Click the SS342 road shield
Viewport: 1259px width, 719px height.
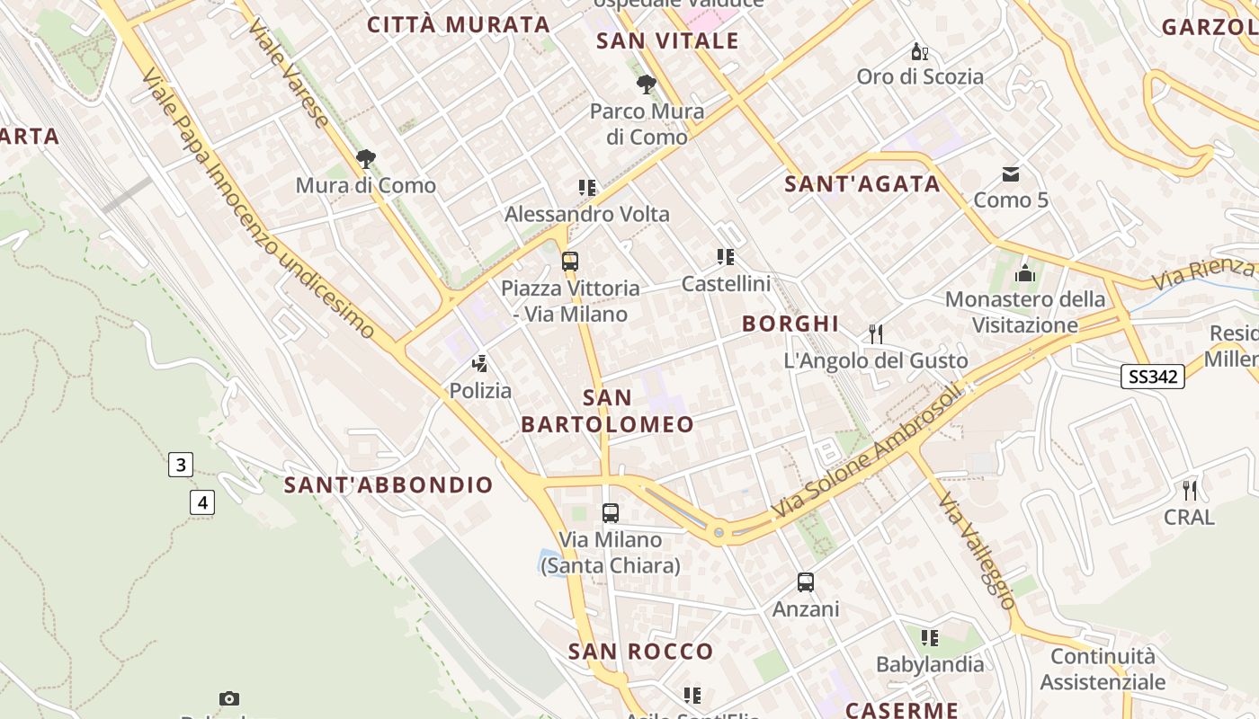point(1152,377)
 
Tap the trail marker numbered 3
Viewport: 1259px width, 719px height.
point(181,465)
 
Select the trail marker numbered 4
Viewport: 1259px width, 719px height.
point(202,502)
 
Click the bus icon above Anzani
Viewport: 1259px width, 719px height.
point(806,582)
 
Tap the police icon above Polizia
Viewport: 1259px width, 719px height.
point(480,364)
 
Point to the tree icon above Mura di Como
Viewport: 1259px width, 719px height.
point(366,159)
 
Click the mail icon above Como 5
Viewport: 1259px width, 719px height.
point(1011,173)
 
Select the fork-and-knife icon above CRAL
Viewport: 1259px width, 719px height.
point(1190,491)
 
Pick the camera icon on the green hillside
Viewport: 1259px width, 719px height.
point(229,698)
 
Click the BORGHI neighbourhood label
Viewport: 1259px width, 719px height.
point(790,324)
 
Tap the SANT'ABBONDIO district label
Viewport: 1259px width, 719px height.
point(388,485)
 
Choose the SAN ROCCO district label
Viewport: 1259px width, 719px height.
point(640,652)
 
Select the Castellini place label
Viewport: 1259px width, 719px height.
point(726,284)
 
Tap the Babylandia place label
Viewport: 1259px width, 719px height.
point(930,665)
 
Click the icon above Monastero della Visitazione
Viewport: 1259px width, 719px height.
point(1024,273)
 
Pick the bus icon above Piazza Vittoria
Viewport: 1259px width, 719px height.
point(570,262)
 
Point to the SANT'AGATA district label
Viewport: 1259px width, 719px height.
point(862,184)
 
